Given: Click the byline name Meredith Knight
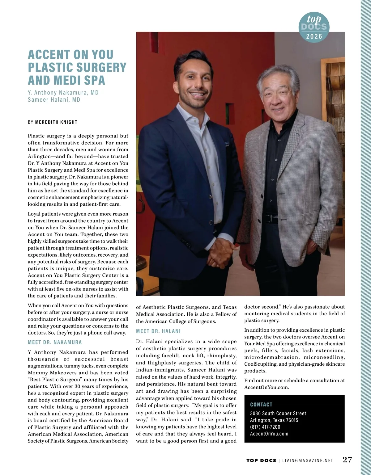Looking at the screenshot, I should [x=56, y=122].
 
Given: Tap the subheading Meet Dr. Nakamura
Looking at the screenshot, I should [x=55, y=342].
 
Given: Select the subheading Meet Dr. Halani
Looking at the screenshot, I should [x=158, y=331].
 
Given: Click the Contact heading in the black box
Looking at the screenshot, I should [x=261, y=405].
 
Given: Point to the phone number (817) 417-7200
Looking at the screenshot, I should [x=265, y=427].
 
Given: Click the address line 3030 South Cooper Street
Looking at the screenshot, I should [x=278, y=413].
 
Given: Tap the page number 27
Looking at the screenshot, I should [x=347, y=460].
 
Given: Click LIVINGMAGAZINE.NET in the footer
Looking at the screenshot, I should [x=308, y=460].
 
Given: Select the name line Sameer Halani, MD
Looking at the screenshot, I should [x=54, y=99].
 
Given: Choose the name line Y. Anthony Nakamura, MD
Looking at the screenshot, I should [x=63, y=93].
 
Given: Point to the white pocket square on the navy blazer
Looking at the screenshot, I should [x=228, y=143].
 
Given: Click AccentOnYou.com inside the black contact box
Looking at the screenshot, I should [x=269, y=434].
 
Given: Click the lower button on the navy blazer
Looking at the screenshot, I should [x=211, y=223].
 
